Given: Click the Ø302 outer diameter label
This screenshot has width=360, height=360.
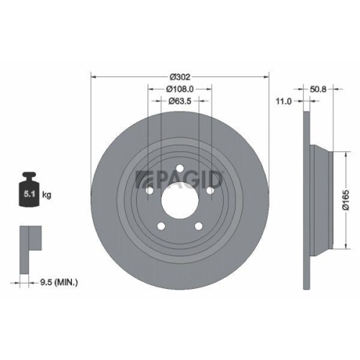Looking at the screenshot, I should click(x=179, y=75).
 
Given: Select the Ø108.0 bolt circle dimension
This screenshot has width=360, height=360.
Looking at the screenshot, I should click(x=179, y=88).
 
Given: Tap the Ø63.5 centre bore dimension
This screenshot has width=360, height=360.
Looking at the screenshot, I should click(x=179, y=102).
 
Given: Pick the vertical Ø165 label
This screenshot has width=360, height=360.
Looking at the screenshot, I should click(x=346, y=196).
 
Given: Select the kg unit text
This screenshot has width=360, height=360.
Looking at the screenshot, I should click(x=47, y=194).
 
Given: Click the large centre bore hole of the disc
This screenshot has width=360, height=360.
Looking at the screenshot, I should click(x=179, y=198).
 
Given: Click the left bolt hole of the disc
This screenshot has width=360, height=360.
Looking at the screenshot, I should click(x=149, y=189).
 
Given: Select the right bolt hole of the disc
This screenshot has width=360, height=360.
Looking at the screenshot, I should click(x=210, y=189).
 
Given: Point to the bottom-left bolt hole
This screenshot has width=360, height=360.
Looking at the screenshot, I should click(x=161, y=225).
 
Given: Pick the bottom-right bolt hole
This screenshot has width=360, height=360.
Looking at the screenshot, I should click(x=198, y=225).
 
